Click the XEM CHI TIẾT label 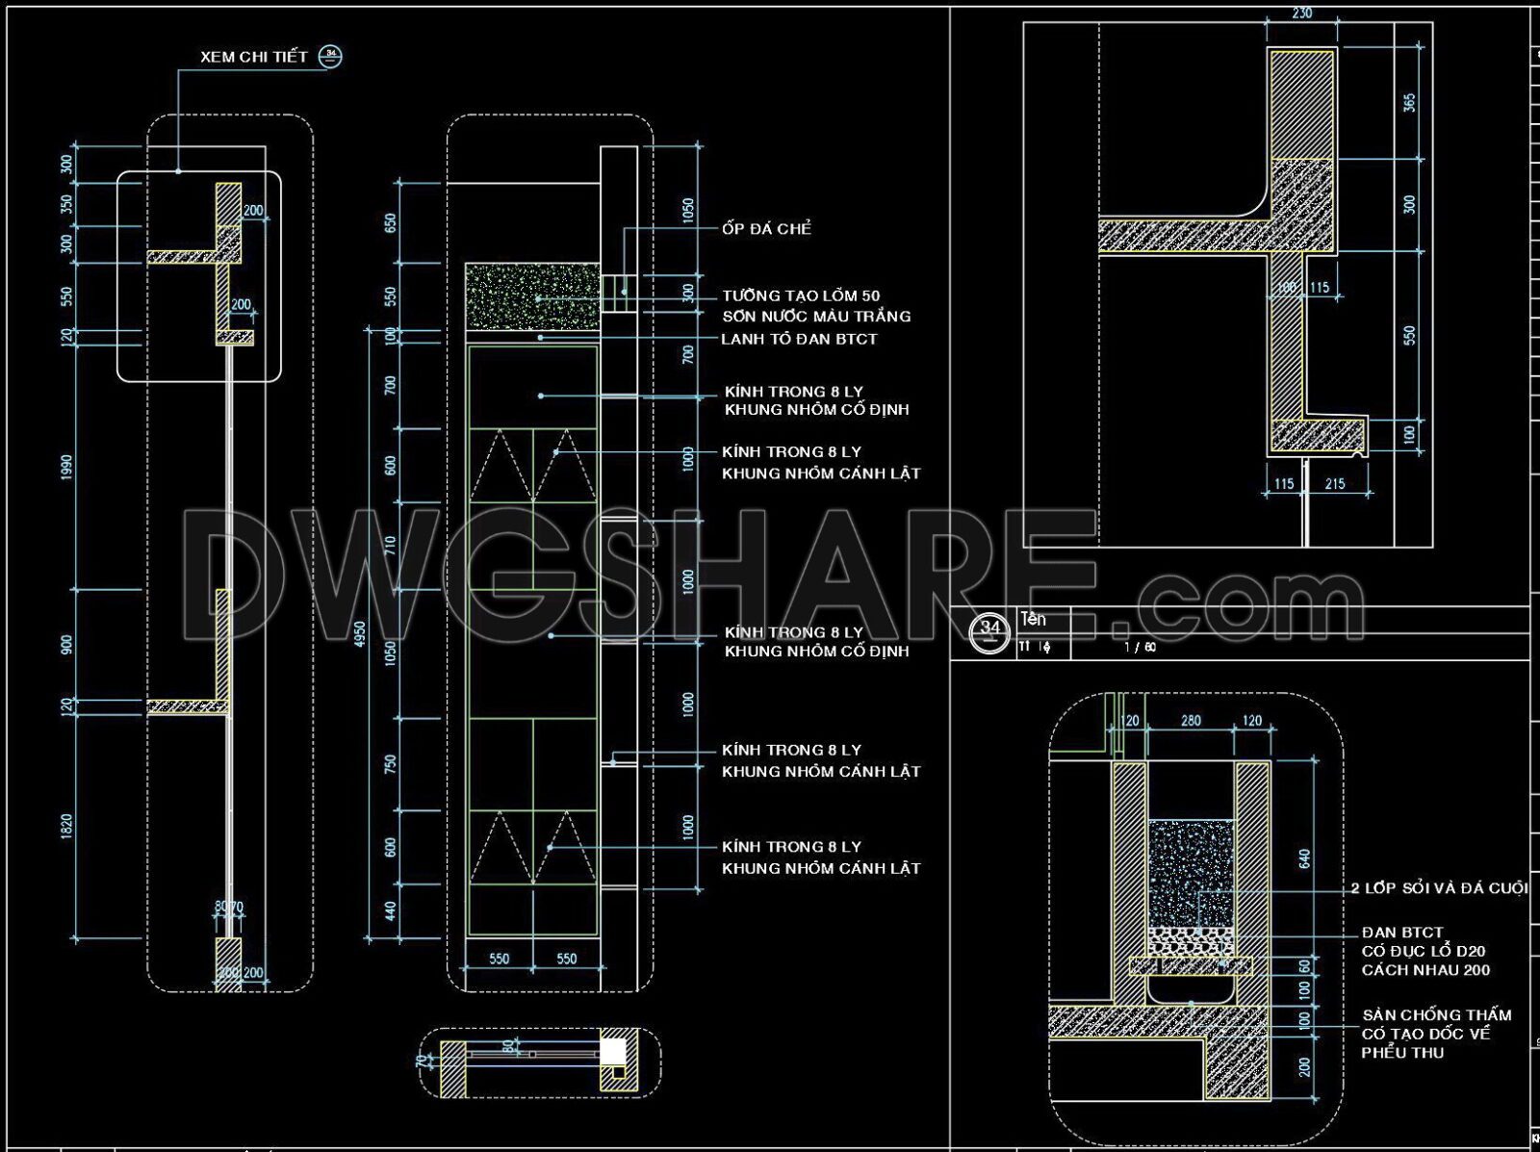pyautogui.click(x=253, y=57)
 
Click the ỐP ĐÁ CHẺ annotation pyautogui.click(x=767, y=229)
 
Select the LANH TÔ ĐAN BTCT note pyautogui.click(x=799, y=339)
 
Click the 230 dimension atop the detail pyautogui.click(x=1301, y=13)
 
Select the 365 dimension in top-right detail pyautogui.click(x=1410, y=103)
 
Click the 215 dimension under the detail pyautogui.click(x=1335, y=484)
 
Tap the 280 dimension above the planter pyautogui.click(x=1191, y=721)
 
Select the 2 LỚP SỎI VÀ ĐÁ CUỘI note pyautogui.click(x=1439, y=888)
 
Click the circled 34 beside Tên pyautogui.click(x=991, y=628)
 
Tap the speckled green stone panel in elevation pyautogui.click(x=532, y=296)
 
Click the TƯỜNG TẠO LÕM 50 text pyautogui.click(x=801, y=295)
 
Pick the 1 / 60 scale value pyautogui.click(x=1140, y=648)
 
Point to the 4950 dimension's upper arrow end pyautogui.click(x=367, y=328)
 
